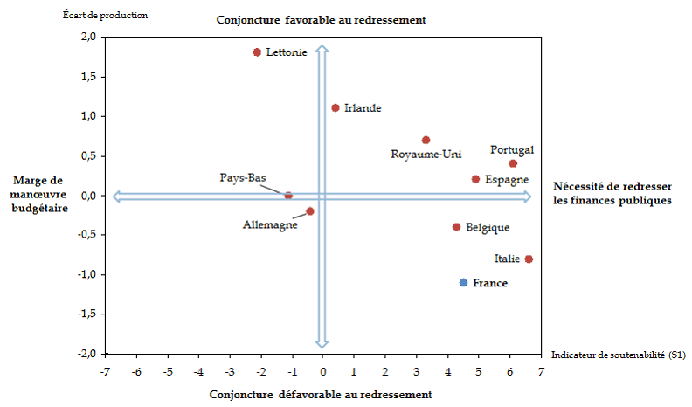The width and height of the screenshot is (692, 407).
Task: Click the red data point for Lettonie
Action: [257, 52]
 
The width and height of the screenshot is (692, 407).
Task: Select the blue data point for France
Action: [463, 282]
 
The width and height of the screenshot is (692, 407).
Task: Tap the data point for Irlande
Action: [335, 107]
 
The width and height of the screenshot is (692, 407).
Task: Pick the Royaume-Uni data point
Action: [426, 140]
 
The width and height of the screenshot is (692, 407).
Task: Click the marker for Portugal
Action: [513, 163]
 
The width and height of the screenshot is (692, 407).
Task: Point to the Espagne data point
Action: [475, 179]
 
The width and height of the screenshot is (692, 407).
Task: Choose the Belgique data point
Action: [456, 227]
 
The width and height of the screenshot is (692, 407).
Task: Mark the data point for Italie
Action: [529, 259]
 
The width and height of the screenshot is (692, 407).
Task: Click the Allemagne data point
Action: [310, 211]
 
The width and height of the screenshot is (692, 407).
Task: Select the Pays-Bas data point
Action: [288, 196]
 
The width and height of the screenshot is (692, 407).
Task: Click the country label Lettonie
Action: [286, 53]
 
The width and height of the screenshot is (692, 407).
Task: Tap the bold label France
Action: [489, 283]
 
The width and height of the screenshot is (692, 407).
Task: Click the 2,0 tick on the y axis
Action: [88, 38]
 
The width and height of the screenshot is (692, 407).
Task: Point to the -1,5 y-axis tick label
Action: [86, 314]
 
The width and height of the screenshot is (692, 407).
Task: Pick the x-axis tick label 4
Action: [447, 372]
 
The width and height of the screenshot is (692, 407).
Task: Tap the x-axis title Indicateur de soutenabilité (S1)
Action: [617, 355]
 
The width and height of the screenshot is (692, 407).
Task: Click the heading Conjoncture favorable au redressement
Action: [321, 20]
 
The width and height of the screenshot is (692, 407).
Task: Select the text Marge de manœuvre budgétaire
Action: [41, 194]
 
